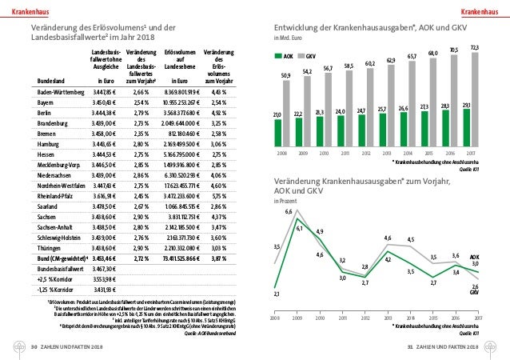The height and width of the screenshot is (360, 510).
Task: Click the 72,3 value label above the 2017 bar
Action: pos(475,48)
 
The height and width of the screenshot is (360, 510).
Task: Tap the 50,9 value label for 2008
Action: pos(286,75)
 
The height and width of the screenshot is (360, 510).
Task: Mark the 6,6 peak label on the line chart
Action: pos(288,211)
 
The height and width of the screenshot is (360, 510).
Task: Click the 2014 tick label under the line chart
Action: pos(411,318)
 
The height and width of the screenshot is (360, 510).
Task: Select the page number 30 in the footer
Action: pos(34,347)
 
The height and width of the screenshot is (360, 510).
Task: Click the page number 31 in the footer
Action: pos(410,347)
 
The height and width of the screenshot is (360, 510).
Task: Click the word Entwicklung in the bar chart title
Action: pos(297,26)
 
